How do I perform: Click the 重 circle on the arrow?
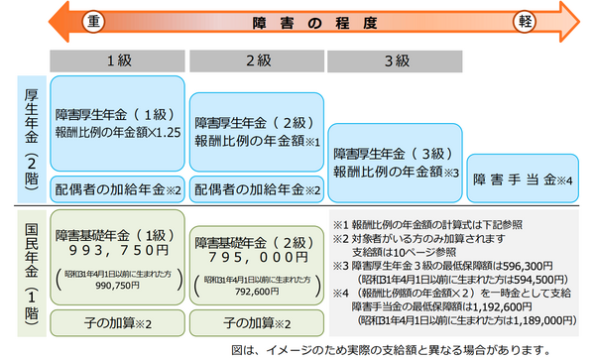[94, 21]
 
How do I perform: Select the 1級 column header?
[117, 60]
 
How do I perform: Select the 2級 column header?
[256, 60]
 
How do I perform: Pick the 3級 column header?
[395, 60]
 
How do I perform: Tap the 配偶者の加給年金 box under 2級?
[256, 188]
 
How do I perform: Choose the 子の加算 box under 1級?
[117, 322]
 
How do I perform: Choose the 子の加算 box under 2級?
[256, 322]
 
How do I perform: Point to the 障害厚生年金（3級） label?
[394, 154]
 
